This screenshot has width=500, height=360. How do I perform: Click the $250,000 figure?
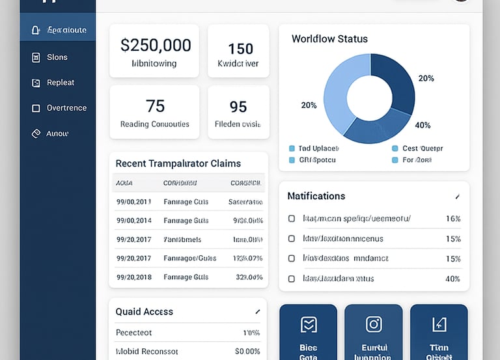coord(156,45)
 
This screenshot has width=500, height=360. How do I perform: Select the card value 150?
coord(240,49)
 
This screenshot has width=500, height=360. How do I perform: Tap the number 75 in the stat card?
coord(155,105)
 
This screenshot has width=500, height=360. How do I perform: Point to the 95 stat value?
coord(238,106)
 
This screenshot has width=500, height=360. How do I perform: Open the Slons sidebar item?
coord(57,57)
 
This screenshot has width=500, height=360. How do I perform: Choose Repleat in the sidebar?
coord(60,83)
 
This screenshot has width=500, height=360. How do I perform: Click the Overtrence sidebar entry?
coord(66,108)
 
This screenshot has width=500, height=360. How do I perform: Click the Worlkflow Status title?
coord(329,39)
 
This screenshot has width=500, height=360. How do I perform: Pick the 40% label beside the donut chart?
coord(423,125)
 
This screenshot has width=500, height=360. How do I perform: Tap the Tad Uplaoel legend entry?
coord(314,148)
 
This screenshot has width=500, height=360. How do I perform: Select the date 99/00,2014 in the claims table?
coord(134,221)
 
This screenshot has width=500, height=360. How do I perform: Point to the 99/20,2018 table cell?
coord(134,277)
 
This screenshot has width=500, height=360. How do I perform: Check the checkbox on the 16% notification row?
coord(292,219)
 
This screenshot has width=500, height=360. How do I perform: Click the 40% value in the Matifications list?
coord(452,279)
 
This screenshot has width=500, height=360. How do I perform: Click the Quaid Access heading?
coord(144,312)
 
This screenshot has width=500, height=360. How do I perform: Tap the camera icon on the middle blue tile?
coord(374,324)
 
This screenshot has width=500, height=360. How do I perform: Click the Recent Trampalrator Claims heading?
coord(178,163)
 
